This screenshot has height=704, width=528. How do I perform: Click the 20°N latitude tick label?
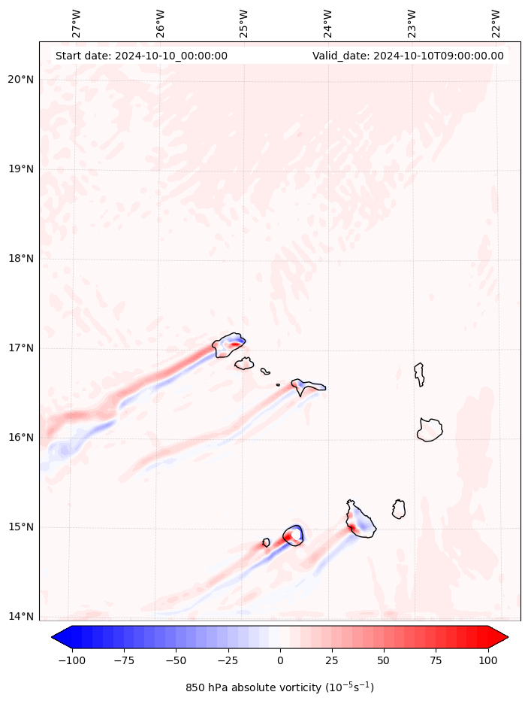[x=20, y=80]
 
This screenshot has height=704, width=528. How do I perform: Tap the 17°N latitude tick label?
[x=20, y=348]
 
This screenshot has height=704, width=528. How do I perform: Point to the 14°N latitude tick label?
[x=20, y=617]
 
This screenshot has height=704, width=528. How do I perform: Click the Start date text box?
[x=141, y=56]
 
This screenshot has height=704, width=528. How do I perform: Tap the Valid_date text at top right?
[x=408, y=56]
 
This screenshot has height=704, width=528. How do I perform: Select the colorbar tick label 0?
[x=280, y=660]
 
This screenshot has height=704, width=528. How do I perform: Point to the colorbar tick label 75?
[x=436, y=660]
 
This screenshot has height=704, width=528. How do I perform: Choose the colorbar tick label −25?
[x=228, y=660]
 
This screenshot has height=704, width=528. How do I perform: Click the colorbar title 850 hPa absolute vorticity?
[x=279, y=687]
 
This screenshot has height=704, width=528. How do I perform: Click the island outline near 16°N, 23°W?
[x=430, y=429]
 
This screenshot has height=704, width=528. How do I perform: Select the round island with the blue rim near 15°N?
[x=294, y=535]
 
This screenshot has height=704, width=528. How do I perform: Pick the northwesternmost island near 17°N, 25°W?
[x=229, y=345]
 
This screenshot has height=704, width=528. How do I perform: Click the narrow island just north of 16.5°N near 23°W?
[x=419, y=373]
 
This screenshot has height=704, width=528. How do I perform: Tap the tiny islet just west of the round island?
[x=266, y=542]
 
